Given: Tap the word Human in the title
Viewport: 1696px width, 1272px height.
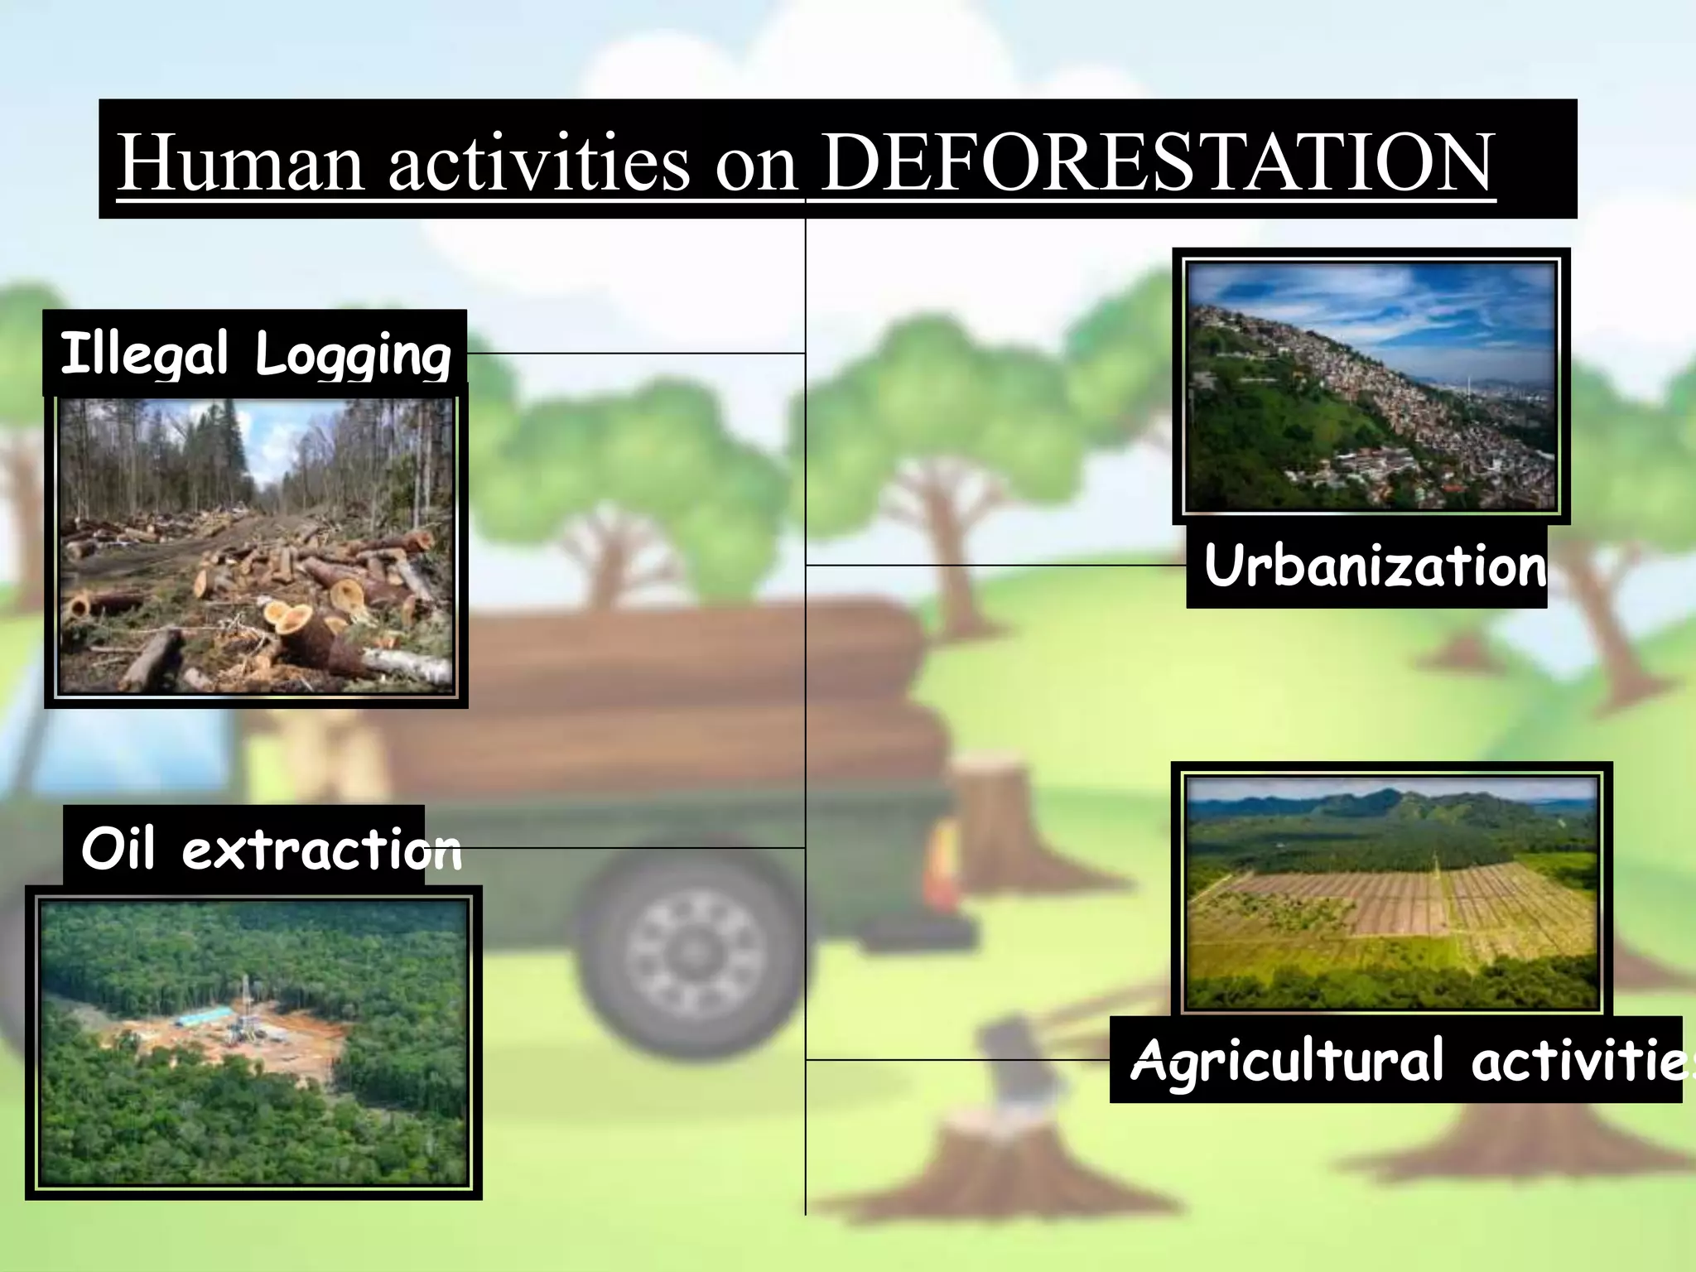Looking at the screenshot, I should point(240,162).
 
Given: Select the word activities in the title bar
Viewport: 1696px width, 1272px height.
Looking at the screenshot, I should point(538,162).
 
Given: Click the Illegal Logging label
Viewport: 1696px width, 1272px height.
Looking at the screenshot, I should point(255,354).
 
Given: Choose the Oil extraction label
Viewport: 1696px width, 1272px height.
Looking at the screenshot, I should point(270,848).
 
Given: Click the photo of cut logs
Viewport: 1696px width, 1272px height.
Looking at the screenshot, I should point(256,547).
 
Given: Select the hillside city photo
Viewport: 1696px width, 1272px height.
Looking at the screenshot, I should point(1371,386).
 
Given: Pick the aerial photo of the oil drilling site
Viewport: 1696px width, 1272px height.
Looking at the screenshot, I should point(253,1042).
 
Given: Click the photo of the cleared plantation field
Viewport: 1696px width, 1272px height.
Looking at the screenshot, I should point(1391,893).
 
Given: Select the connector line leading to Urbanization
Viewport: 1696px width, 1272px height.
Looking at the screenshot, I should point(994,565).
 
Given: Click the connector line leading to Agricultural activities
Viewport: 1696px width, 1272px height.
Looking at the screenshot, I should point(956,1059).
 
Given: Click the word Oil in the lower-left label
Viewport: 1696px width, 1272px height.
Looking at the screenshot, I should point(118,848).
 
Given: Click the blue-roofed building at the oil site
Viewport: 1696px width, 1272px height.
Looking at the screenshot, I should point(204,1015).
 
